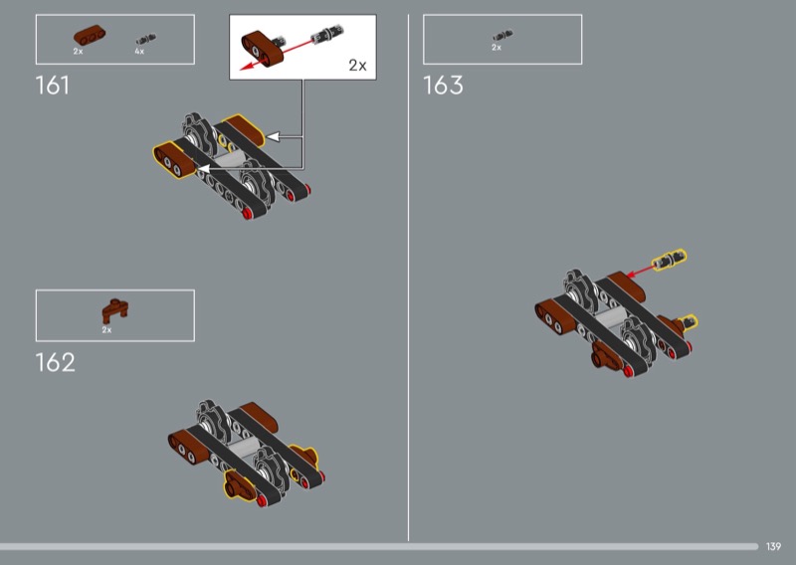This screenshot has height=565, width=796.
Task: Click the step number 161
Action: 53,86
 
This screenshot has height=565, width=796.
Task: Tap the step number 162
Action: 55,362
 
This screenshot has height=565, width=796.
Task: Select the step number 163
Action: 443,86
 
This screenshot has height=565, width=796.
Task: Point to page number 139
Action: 774,546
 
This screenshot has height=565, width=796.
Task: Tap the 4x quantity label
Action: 139,51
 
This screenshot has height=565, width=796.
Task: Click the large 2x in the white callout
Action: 357,66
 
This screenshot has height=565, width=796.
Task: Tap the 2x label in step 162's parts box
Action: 106,329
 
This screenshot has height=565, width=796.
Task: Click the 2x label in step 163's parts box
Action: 497,48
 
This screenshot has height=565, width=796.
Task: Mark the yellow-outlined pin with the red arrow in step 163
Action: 669,261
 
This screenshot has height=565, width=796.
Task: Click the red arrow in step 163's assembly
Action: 637,271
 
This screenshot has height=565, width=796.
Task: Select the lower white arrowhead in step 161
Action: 202,171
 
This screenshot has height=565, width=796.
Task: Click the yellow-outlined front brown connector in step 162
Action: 237,486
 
